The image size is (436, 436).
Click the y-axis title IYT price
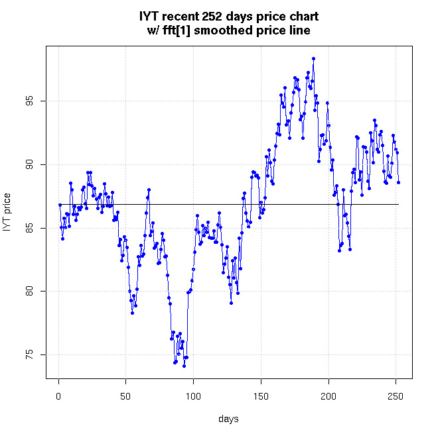pos(8,212)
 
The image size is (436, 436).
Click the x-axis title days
pos(229,419)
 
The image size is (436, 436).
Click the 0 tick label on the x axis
pos(58,396)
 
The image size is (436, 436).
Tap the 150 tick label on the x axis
pos(261,396)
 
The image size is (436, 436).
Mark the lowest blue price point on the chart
pos(184,366)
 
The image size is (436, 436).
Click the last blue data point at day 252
pos(399,182)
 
